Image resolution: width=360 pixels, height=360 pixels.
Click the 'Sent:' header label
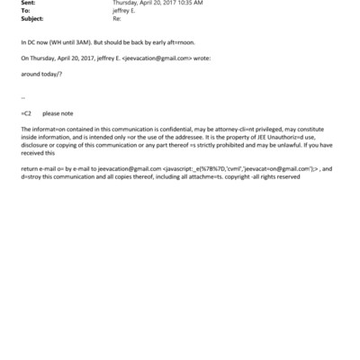pos(27,4)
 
